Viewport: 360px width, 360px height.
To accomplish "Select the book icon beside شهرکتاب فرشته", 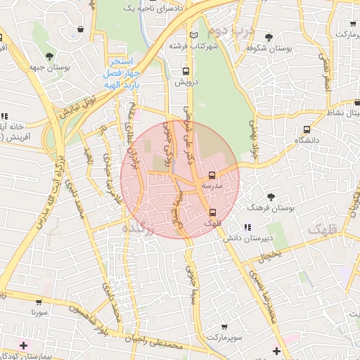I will point(195,34).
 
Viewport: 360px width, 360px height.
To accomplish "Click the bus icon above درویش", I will point(186,71).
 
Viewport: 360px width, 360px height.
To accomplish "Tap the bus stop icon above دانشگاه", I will point(307,129).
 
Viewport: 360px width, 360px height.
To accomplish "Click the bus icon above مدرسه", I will point(212,175).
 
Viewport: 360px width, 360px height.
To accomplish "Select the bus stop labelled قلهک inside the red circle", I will point(212,212).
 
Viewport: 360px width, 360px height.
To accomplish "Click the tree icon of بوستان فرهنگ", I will point(272,197).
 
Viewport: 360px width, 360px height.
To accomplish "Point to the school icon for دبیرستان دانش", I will point(247,227).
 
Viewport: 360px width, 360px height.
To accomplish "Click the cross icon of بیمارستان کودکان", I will point(25,345).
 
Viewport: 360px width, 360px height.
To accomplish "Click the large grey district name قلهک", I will point(323,229).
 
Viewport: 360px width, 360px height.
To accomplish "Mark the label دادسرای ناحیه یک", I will point(148,7).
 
